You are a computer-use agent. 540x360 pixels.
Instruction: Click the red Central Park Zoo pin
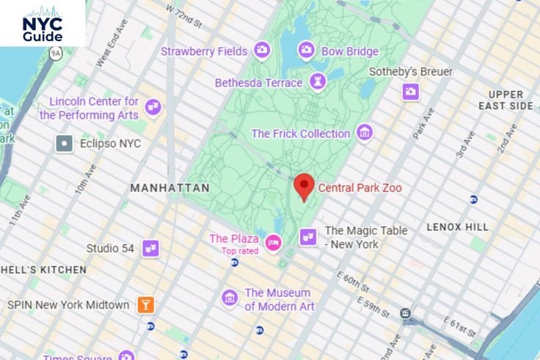pos(304,186)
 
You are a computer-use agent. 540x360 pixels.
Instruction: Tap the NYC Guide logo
pos(43,25)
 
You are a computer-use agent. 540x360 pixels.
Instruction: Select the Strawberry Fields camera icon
pos(262,51)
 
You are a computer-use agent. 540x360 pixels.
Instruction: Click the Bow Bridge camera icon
pos(307,51)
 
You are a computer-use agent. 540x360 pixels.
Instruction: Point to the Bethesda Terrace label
pos(258,83)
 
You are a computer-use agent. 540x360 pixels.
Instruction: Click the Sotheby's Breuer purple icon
pos(410,91)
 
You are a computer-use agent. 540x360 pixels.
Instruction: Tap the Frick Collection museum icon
pos(365,133)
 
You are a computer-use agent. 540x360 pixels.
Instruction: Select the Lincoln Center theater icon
pos(153,109)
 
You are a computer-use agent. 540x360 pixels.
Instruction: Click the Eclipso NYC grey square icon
pos(65,144)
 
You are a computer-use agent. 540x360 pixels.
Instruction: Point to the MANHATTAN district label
pos(169,188)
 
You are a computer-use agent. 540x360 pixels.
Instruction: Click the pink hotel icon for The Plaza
pos(274,243)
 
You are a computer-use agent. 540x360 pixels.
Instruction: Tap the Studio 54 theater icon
pos(150,249)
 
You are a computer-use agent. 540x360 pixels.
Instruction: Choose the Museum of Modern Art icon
pos(230,298)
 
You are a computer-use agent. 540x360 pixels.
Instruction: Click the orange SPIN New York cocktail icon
pos(145,305)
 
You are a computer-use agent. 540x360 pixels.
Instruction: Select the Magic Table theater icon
pos(309,236)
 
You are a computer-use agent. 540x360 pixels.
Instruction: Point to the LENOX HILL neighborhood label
pos(457,227)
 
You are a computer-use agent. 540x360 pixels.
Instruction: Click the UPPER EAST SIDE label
pos(506,100)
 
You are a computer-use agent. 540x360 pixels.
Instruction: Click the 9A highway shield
pos(55,54)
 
